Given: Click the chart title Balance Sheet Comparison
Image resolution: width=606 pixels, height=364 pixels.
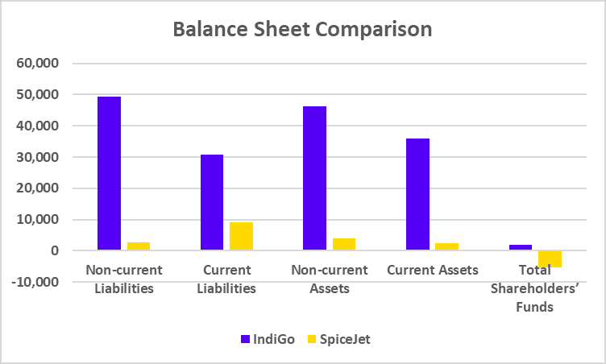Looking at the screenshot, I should coord(303,29).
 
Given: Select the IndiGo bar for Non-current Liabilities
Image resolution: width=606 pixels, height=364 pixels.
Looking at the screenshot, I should coord(109,173).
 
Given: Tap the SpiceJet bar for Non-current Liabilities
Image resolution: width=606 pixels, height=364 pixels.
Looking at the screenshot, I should coord(139,246).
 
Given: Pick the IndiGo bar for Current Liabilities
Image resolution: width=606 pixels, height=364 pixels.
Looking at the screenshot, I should coord(212,202).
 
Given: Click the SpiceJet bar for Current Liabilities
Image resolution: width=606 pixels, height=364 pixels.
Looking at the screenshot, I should coord(241,236).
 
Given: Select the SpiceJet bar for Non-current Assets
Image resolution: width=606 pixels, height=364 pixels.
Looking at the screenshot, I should coord(344,244).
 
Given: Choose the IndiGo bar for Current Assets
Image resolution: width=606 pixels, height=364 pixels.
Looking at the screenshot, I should coord(417,194).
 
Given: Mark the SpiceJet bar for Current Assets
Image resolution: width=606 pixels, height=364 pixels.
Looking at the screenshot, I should coord(447,246).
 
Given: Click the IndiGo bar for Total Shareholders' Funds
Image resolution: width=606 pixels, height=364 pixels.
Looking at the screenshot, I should coord(521,247).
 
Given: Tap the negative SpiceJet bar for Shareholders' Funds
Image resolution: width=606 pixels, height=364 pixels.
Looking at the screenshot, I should coord(550,259).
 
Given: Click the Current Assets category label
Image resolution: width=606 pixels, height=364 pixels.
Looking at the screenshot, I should coord(432,270).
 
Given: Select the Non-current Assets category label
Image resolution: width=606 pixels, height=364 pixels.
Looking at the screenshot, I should coord(329,279).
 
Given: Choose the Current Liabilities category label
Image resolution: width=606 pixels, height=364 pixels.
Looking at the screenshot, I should coord(226,279).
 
